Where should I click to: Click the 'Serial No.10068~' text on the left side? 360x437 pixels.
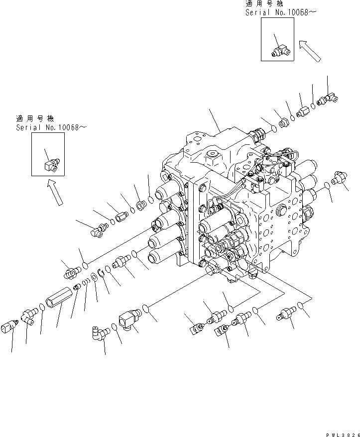(51, 128)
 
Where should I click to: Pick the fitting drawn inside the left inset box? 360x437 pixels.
(50, 162)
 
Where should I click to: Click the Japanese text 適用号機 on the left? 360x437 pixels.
(30, 119)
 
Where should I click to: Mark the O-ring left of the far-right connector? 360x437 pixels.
(327, 186)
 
